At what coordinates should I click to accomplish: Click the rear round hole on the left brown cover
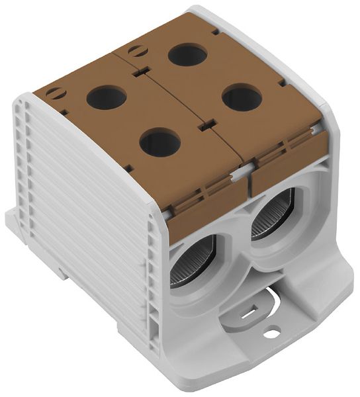[106, 98]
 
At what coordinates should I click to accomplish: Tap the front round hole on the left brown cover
[160, 142]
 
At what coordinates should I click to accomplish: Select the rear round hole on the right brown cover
[187, 54]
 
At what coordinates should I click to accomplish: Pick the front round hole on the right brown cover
[242, 99]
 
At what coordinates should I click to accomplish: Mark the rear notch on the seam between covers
[139, 72]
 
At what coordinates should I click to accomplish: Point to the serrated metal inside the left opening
[185, 268]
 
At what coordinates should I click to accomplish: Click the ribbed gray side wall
[86, 218]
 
